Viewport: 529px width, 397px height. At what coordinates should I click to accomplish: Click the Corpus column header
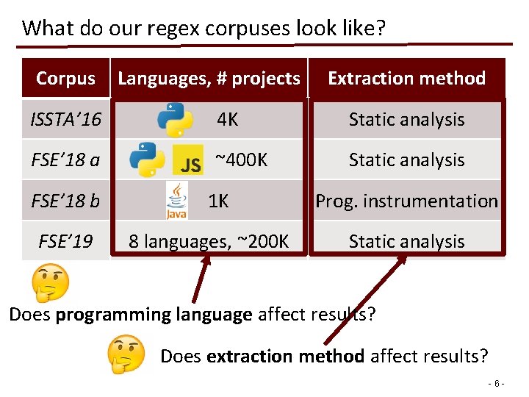[x=65, y=78]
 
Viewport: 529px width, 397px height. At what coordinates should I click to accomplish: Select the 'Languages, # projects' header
[x=209, y=78]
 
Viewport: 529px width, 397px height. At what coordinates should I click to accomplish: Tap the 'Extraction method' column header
[x=406, y=78]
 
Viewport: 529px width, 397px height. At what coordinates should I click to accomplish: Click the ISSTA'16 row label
[x=66, y=119]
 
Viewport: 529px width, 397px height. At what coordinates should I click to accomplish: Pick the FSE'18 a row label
[x=66, y=160]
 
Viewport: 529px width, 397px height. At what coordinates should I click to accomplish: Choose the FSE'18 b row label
[x=66, y=201]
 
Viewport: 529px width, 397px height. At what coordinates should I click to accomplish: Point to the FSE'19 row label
[x=66, y=241]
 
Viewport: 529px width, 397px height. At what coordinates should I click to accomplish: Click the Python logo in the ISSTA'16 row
[x=175, y=120]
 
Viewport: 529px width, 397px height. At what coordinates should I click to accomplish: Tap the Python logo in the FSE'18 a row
[x=147, y=160]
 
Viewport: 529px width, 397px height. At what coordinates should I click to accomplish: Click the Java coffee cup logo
[x=177, y=201]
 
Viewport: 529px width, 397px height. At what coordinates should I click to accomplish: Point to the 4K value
[x=227, y=119]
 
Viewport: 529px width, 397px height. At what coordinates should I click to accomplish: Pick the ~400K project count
[x=241, y=160]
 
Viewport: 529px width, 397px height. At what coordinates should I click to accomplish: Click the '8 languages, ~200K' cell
[x=209, y=241]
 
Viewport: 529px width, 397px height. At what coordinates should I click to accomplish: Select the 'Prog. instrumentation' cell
[x=406, y=201]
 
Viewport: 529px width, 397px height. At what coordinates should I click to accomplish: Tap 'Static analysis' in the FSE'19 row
[x=406, y=241]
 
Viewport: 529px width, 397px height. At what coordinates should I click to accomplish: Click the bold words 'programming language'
[x=154, y=315]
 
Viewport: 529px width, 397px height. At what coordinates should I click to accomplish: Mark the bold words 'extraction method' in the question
[x=285, y=357]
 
